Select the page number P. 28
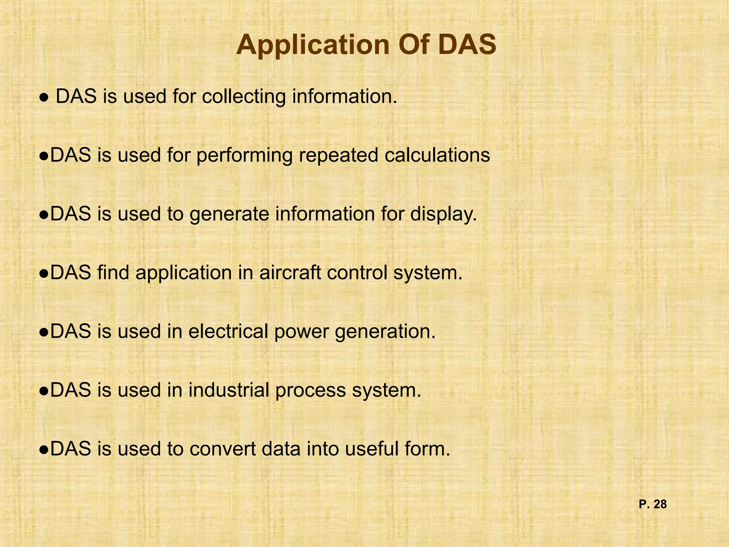point(652,504)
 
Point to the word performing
point(244,156)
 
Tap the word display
point(443,215)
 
